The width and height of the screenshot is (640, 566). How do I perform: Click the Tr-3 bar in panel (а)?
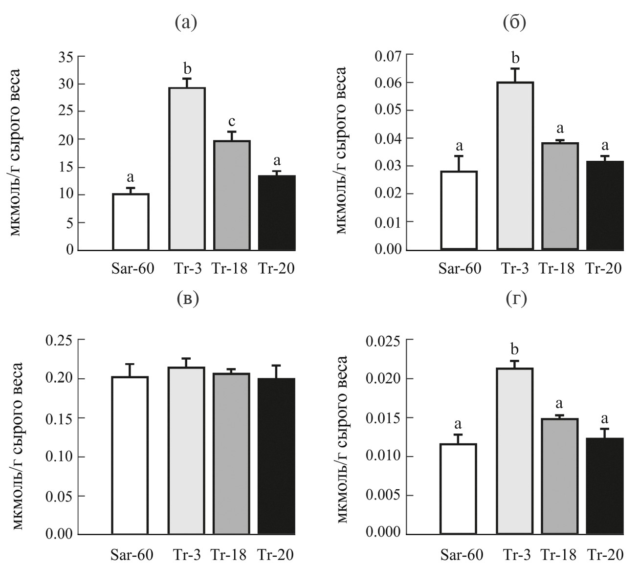pyautogui.click(x=187, y=169)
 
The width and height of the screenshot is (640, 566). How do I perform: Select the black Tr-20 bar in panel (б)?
pyautogui.click(x=605, y=205)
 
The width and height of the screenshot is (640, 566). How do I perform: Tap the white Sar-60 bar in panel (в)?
pyautogui.click(x=130, y=455)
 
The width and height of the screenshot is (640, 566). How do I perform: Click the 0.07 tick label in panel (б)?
pyautogui.click(x=388, y=55)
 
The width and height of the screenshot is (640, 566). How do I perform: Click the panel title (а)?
pyautogui.click(x=186, y=23)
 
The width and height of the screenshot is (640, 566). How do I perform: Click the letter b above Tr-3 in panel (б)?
pyautogui.click(x=515, y=59)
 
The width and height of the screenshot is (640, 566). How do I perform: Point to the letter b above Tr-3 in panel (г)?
pyautogui.click(x=515, y=350)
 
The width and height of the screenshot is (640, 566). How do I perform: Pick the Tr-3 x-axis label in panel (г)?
pyautogui.click(x=515, y=555)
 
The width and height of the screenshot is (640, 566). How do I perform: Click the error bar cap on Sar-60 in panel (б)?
pyautogui.click(x=459, y=156)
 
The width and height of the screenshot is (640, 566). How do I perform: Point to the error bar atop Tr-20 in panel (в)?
pyautogui.click(x=276, y=371)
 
